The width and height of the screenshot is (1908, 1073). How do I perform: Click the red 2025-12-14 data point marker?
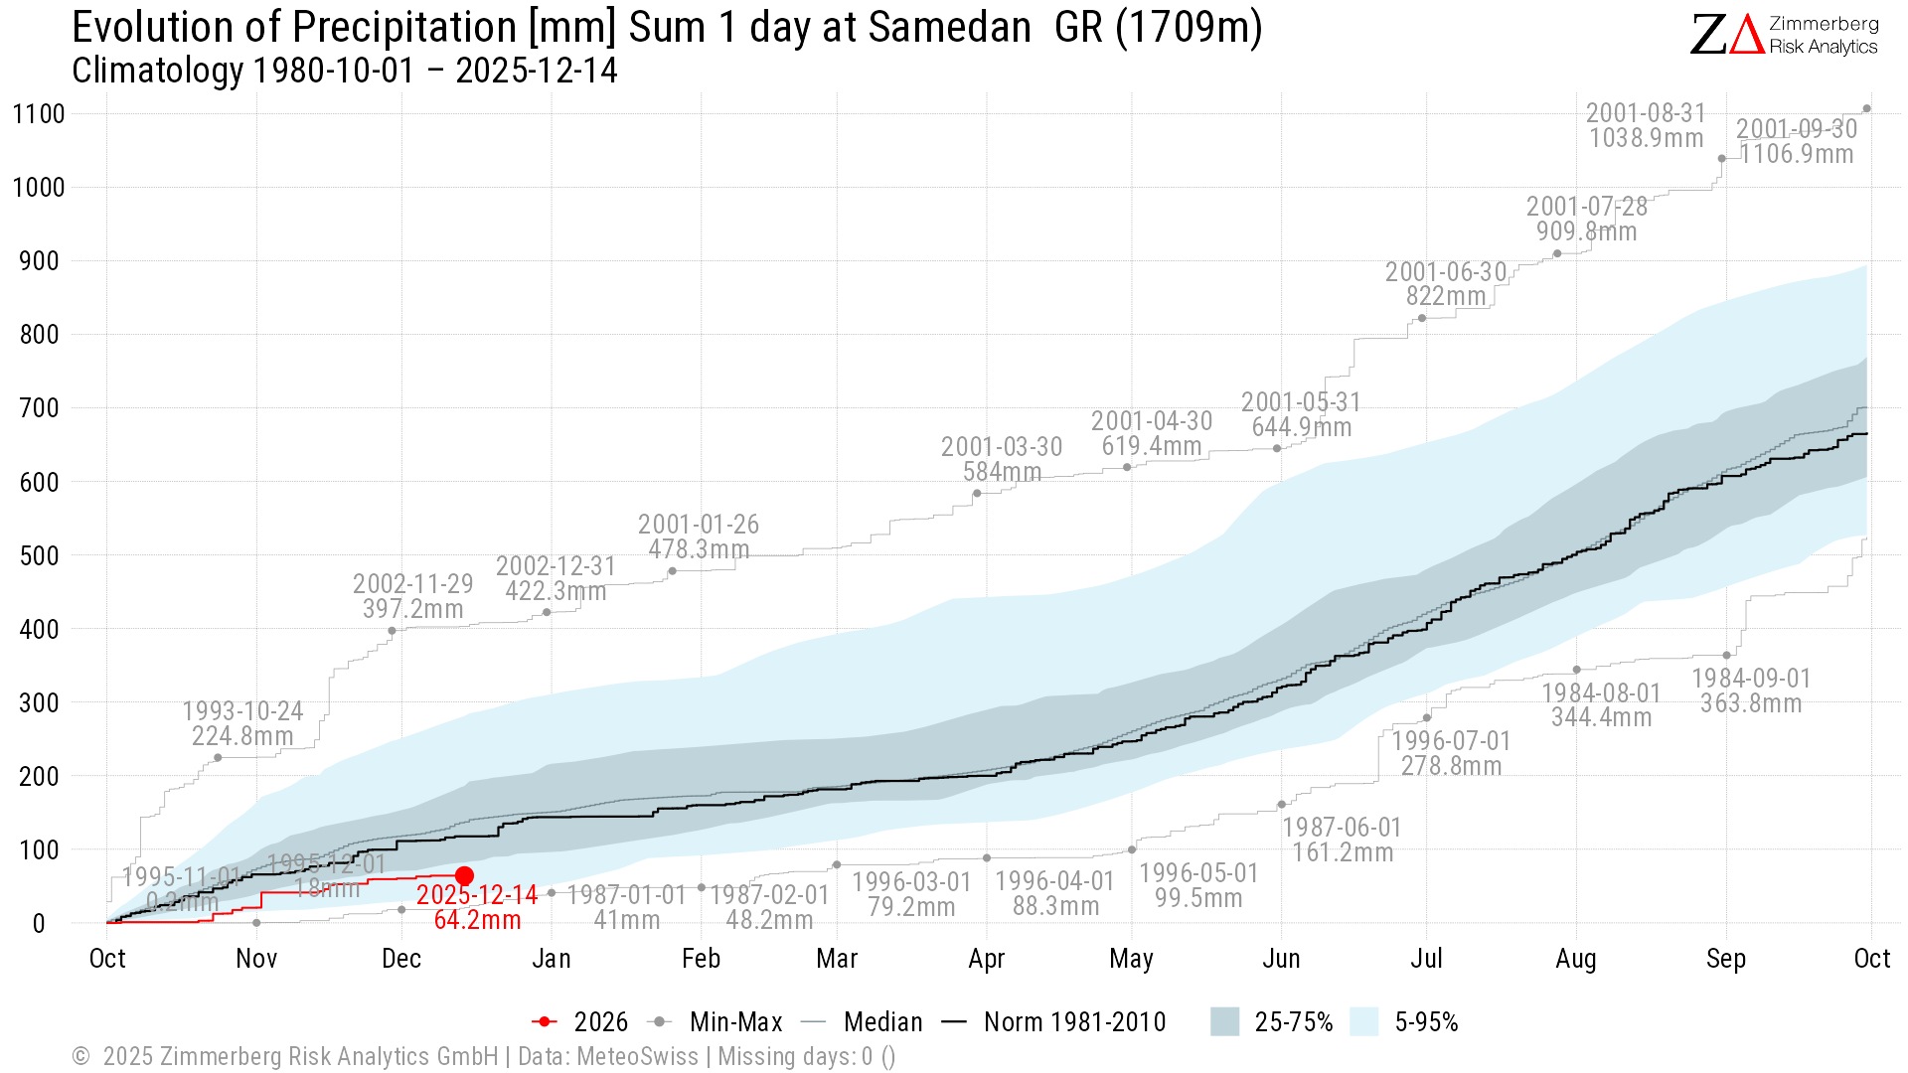464,875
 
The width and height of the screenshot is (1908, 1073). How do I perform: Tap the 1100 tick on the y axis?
39,114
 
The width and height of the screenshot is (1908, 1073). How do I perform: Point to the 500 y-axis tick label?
39,556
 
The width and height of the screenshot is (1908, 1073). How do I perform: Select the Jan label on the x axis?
552,959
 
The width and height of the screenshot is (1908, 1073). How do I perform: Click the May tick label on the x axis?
1131,959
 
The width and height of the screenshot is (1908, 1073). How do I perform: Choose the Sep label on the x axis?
1726,959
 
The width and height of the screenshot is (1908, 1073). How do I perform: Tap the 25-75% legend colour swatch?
1224,1022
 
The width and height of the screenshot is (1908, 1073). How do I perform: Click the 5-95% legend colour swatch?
1364,1022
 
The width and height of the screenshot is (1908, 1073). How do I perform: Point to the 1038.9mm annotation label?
1646,138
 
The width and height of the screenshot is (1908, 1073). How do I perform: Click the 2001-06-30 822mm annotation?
1446,284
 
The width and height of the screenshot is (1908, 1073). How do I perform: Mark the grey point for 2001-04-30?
1127,467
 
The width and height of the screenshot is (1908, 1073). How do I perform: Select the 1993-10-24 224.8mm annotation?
242,723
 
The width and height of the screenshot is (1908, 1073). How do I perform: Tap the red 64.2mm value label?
477,920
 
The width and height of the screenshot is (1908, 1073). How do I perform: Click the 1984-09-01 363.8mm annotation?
1751,690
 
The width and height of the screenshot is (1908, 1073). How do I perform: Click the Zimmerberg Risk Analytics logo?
1784,35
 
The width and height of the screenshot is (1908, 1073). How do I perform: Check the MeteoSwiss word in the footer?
637,1056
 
